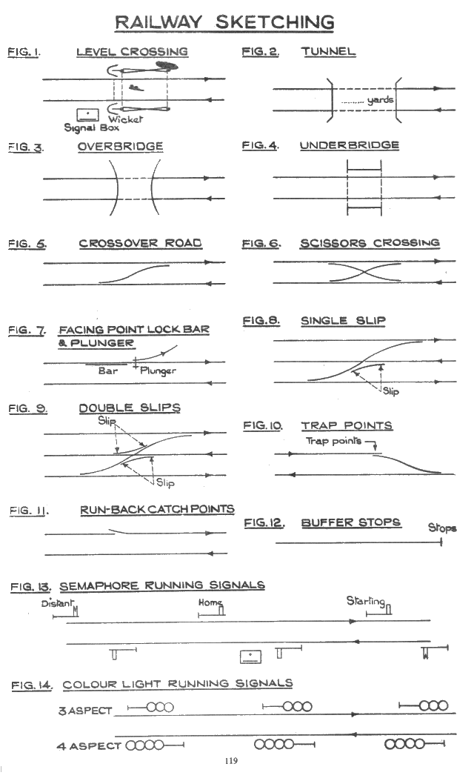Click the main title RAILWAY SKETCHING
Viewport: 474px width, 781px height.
[224, 22]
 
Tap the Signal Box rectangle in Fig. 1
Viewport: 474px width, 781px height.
[87, 115]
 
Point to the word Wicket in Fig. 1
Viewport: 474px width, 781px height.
[125, 119]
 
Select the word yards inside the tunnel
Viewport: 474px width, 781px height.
[381, 100]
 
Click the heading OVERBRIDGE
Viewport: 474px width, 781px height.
[121, 147]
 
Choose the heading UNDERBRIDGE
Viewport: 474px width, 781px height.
[350, 145]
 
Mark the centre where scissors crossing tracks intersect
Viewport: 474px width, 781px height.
[365, 272]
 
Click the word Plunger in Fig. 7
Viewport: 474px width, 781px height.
[158, 371]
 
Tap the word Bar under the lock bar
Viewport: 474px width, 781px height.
[108, 370]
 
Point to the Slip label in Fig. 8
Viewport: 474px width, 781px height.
[391, 391]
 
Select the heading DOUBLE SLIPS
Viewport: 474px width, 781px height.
[130, 408]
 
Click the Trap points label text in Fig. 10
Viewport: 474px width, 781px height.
[333, 441]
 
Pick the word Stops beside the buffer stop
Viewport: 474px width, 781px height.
[442, 528]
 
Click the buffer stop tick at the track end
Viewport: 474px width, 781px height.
[441, 542]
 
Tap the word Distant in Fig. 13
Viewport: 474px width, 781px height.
[57, 603]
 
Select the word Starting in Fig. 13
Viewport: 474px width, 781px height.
[366, 601]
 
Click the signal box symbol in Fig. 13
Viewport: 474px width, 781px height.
[250, 657]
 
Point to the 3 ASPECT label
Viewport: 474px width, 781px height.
[85, 711]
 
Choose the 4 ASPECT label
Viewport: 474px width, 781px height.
[89, 746]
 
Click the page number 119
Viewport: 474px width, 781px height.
[231, 760]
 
